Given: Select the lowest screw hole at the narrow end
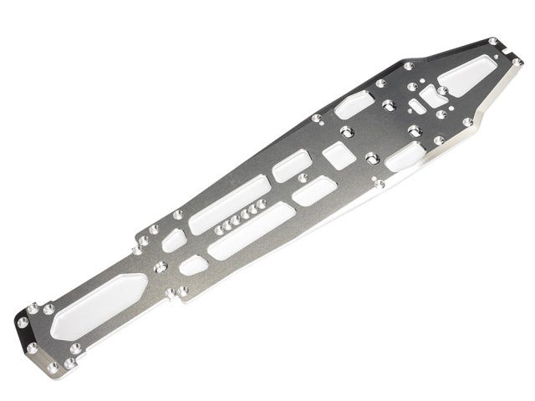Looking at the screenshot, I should pos(52,367).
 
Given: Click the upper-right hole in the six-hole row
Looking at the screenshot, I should pos(262,203).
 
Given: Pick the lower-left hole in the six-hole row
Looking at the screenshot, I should pos(218,229).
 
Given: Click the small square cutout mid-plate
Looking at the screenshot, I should pos(338,155).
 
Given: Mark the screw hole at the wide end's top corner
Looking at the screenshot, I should pos(493,42).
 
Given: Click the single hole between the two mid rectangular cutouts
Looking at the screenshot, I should pos(302,178).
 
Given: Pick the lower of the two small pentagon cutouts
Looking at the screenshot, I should pos(193,265).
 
